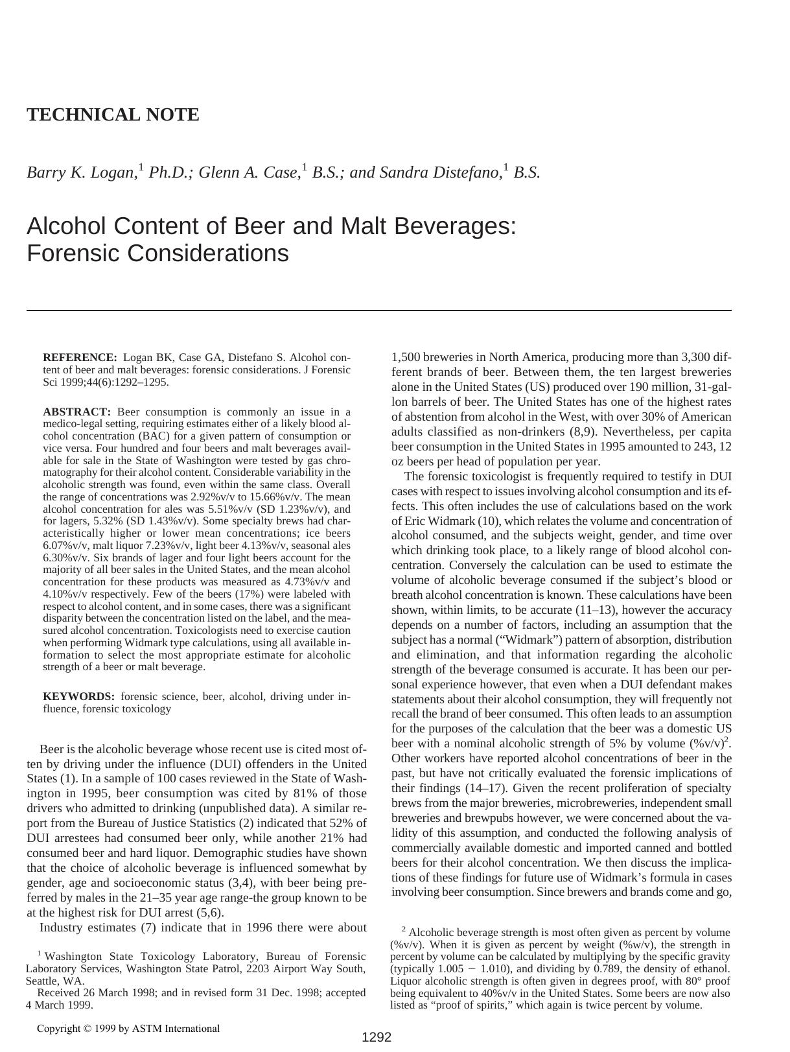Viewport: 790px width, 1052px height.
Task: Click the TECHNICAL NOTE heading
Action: [x=113, y=115]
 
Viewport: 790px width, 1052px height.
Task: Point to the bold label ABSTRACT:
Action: [x=77, y=412]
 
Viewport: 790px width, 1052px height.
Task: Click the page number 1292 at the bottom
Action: [x=376, y=1037]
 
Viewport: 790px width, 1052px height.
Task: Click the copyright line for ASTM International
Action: [x=128, y=1028]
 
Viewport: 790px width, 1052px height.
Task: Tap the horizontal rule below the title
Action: [x=378, y=310]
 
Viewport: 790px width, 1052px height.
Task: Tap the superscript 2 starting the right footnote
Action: [x=404, y=929]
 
